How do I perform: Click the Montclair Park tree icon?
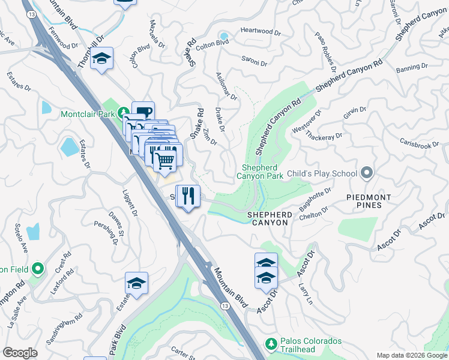(x=122, y=112)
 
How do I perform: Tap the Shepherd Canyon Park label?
(x=262, y=172)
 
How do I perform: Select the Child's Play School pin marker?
(x=367, y=173)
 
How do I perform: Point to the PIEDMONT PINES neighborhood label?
(x=369, y=202)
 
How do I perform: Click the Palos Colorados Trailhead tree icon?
(x=271, y=344)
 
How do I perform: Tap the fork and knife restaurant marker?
(x=188, y=196)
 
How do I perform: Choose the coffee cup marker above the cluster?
(x=143, y=112)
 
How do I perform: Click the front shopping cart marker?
(x=165, y=160)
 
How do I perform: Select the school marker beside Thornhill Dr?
(x=103, y=59)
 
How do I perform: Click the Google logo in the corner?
(x=20, y=353)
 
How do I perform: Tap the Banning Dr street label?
(x=412, y=67)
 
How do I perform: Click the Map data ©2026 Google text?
(x=412, y=355)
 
